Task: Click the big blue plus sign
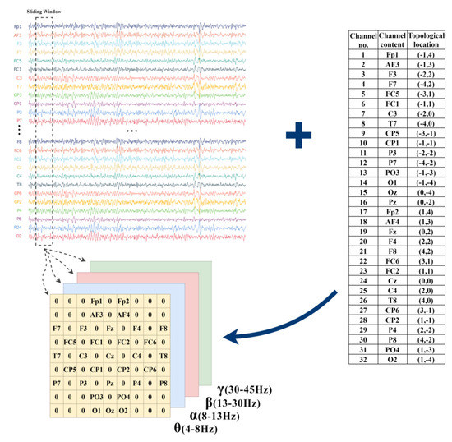coord(304,136)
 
